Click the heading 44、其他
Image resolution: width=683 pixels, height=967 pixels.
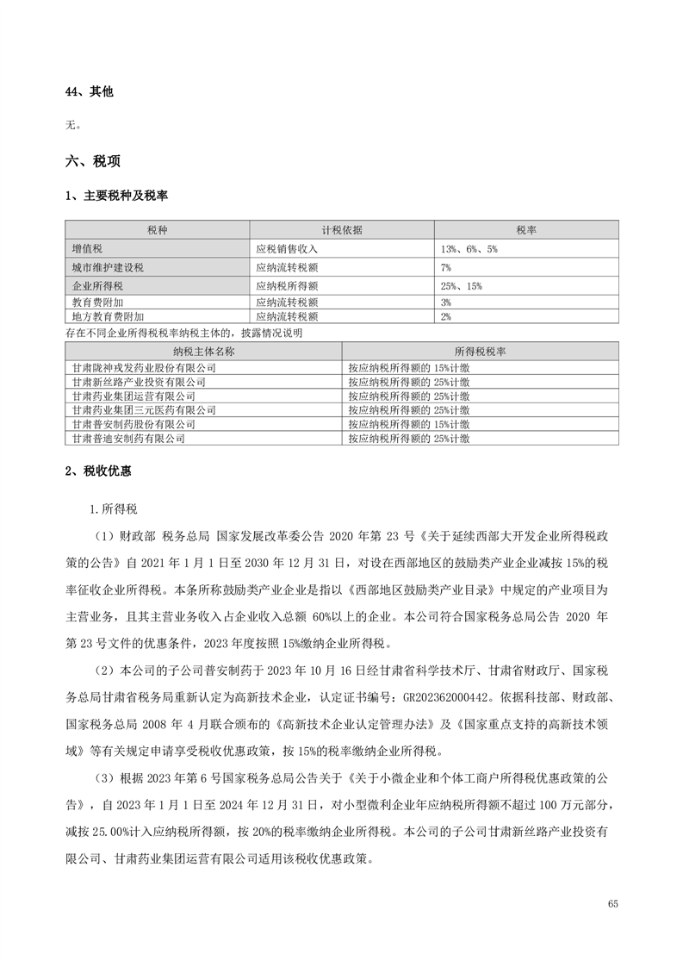tap(89, 91)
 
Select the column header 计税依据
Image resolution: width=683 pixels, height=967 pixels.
tap(342, 230)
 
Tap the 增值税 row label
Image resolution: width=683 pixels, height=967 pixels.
tap(88, 248)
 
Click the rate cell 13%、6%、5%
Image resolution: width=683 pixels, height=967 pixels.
tap(469, 248)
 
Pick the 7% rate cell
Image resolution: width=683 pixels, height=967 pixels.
tap(446, 267)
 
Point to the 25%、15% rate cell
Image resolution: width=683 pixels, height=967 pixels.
tap(461, 286)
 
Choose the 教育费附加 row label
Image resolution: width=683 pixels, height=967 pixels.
tap(96, 303)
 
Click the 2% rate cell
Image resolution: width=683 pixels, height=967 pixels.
tap(446, 316)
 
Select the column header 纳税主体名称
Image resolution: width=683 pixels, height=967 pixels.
tap(203, 352)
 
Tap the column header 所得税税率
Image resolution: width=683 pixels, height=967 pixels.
tap(480, 352)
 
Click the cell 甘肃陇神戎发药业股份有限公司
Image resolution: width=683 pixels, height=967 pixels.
tap(144, 367)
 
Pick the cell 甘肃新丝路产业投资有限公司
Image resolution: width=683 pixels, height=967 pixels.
tap(139, 381)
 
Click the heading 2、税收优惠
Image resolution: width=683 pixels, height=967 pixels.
tap(99, 471)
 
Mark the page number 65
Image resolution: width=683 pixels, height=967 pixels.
tap(612, 903)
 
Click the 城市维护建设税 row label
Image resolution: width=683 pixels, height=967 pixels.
tap(108, 267)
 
